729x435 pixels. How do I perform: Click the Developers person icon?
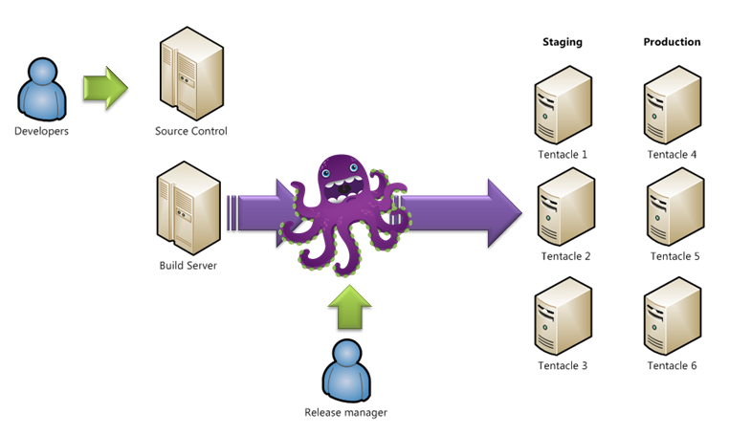(x=41, y=89)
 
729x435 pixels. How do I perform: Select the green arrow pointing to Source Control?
(x=104, y=87)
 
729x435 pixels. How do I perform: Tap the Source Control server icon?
(x=190, y=76)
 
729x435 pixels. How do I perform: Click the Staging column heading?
(x=562, y=42)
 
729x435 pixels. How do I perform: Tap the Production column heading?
(x=672, y=42)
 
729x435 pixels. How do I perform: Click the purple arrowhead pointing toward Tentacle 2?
(x=501, y=211)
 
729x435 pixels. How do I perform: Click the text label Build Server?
(x=188, y=265)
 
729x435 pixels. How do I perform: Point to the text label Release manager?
(x=345, y=413)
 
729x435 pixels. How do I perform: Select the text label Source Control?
(x=191, y=132)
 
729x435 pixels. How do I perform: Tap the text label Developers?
(x=41, y=131)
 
